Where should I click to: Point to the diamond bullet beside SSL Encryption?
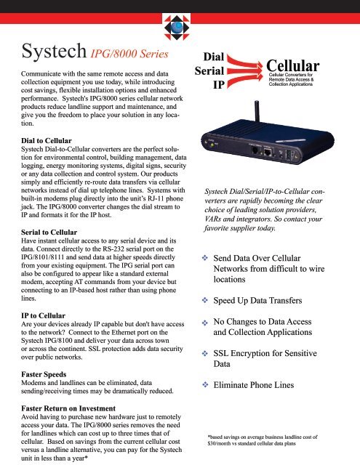[x=206, y=353]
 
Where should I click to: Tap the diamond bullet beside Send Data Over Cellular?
[x=206, y=258]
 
